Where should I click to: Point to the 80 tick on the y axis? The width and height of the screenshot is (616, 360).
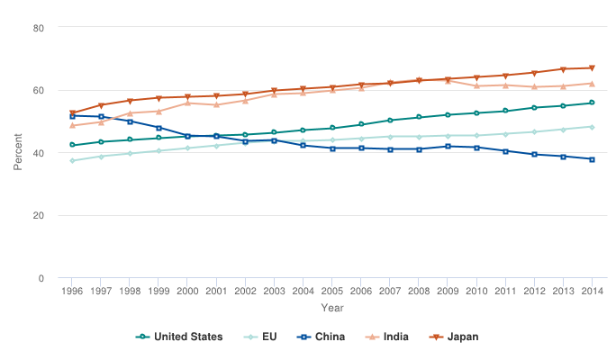pyautogui.click(x=39, y=28)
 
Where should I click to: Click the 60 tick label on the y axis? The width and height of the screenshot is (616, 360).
pyautogui.click(x=39, y=91)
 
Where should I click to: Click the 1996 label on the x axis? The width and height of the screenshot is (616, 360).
pyautogui.click(x=72, y=292)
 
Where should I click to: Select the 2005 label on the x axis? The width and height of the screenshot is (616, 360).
pyautogui.click(x=331, y=292)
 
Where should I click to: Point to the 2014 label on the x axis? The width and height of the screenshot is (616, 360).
pyautogui.click(x=591, y=292)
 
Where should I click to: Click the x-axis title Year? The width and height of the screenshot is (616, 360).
pyautogui.click(x=331, y=308)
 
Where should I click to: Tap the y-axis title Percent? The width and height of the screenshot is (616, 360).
pyautogui.click(x=17, y=153)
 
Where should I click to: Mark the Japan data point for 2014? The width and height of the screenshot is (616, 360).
pyautogui.click(x=591, y=68)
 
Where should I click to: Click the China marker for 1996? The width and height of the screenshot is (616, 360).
pyautogui.click(x=72, y=116)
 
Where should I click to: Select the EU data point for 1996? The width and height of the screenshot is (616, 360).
pyautogui.click(x=72, y=161)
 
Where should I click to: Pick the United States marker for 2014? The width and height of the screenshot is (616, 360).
pyautogui.click(x=591, y=103)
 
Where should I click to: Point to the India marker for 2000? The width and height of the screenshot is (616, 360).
pyautogui.click(x=187, y=103)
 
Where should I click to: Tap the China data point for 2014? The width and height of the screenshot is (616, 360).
pyautogui.click(x=591, y=159)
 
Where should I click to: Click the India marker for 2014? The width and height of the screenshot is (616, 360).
pyautogui.click(x=591, y=84)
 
